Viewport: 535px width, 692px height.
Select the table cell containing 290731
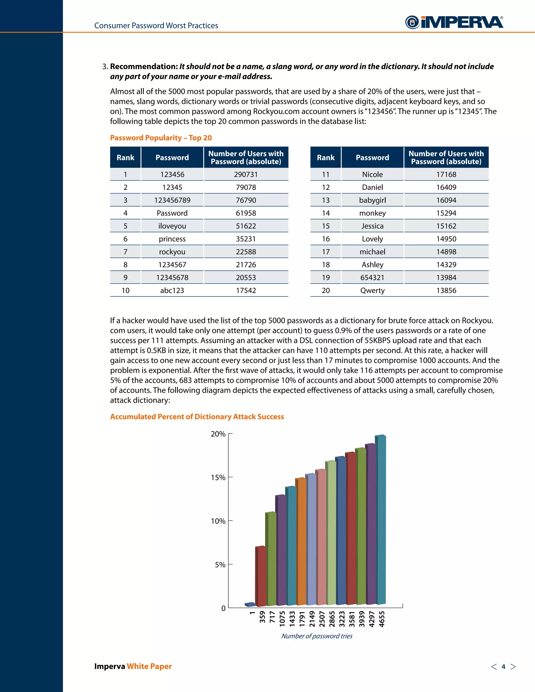pos(246,174)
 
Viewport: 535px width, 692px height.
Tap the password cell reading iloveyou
pos(172,226)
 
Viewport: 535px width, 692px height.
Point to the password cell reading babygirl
pos(373,200)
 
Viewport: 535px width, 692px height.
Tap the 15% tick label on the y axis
pos(218,478)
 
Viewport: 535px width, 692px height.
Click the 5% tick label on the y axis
pos(220,565)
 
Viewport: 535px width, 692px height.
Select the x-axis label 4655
pos(382,619)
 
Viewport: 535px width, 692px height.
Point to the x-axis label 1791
pos(302,619)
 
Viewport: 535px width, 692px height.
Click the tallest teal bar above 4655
pos(381,520)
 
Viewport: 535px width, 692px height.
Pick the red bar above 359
pos(261,577)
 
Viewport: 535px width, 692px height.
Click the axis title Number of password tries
pos(317,636)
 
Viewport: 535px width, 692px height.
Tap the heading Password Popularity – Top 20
pos(161,138)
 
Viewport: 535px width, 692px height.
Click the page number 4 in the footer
pos(503,667)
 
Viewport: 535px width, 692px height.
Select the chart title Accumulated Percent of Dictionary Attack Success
pos(197,417)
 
